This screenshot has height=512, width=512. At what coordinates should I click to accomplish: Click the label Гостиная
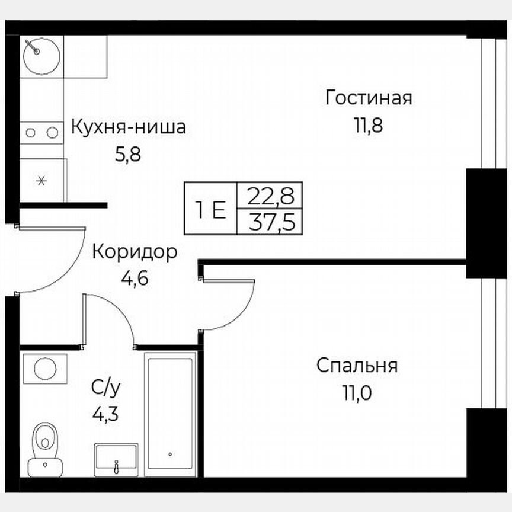coord(368,98)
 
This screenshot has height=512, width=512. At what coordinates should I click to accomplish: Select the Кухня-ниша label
coord(128,127)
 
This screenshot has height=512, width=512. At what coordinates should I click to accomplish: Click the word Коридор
coord(135,252)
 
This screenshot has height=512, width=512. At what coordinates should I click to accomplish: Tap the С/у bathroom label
coord(106,388)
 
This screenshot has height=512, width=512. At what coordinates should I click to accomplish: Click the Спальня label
coord(357,366)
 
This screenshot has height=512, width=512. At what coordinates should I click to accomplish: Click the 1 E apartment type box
coord(211,209)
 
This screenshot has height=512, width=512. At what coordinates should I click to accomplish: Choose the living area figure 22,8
coord(269,194)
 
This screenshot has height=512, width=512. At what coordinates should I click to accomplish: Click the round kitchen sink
coord(41,55)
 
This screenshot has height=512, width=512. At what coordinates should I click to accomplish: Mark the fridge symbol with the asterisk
coord(41,181)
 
